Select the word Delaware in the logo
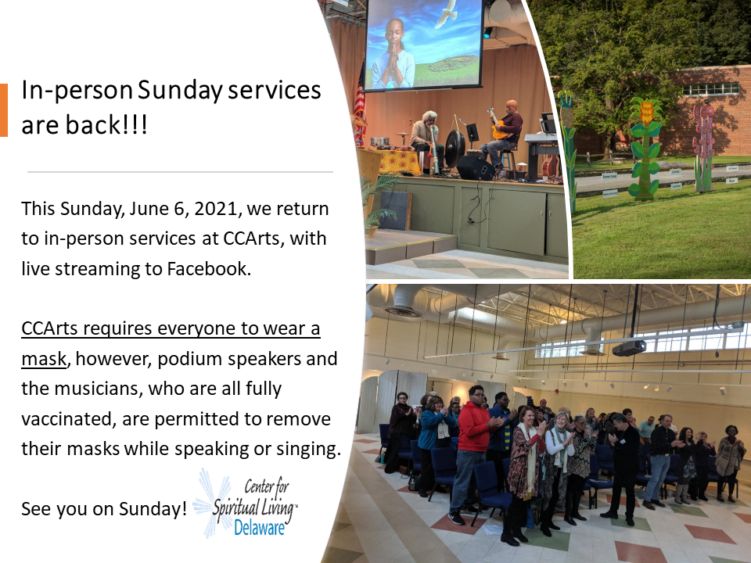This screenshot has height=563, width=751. pos(259,527)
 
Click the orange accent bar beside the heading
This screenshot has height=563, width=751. pos(4,110)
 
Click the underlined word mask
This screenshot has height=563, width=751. pos(44,359)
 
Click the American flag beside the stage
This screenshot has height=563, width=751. pos(359,108)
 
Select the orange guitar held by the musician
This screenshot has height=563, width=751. pos(498,125)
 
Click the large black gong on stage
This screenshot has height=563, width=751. pos(455,149)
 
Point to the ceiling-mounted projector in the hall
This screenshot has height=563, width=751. pos(629,348)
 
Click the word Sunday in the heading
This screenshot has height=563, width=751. pos(180,91)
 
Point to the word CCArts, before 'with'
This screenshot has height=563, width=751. pos(253,239)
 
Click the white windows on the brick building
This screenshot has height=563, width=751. pos(711,88)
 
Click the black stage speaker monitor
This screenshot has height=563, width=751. pos(475,168)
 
